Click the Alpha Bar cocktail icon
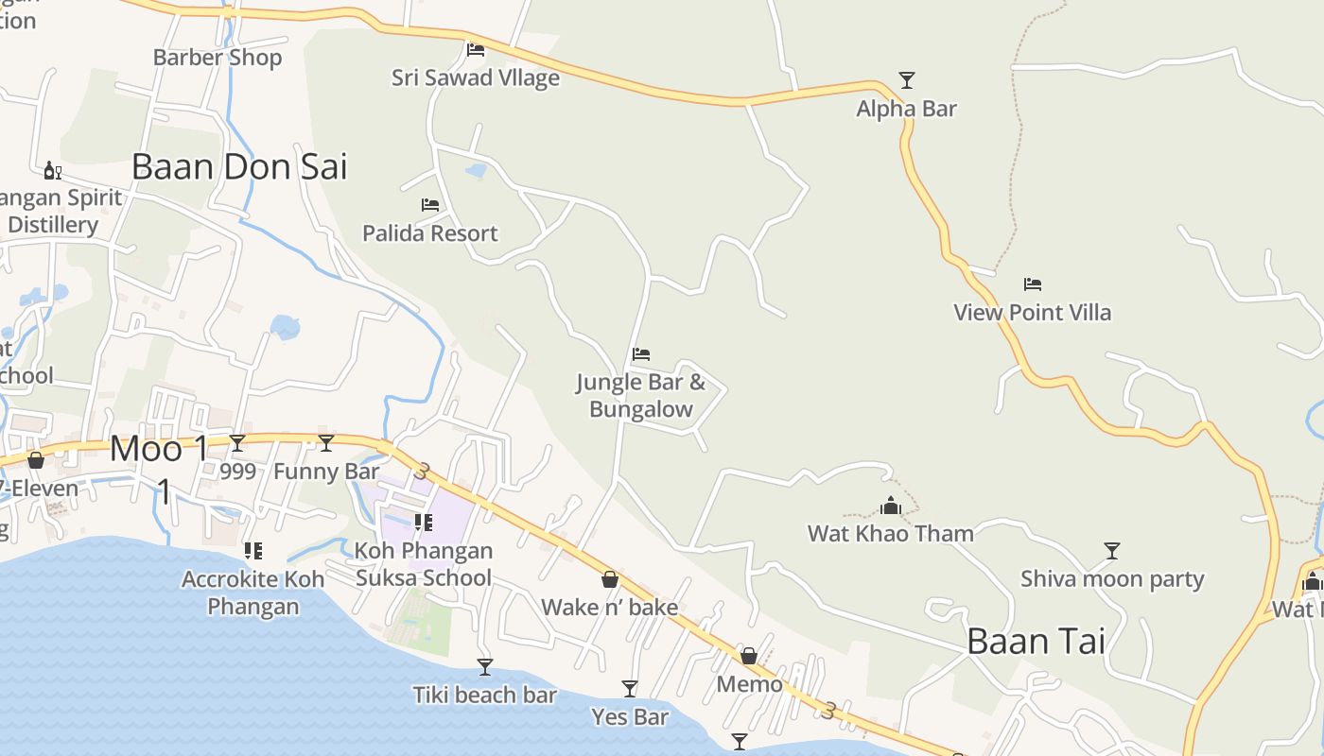(x=907, y=80)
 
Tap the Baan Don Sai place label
(x=239, y=166)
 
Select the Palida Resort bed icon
(x=430, y=205)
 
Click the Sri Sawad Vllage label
(x=476, y=77)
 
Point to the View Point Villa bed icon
(x=1033, y=283)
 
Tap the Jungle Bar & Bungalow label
(x=641, y=396)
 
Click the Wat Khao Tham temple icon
(x=891, y=506)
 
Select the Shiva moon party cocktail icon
(x=1112, y=550)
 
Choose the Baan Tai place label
(x=1036, y=642)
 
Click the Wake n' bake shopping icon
(x=610, y=579)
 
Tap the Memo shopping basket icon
(x=749, y=656)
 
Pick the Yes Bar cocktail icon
(x=630, y=689)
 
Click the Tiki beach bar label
(x=484, y=696)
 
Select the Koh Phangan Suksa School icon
(x=424, y=522)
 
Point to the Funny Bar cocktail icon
(x=326, y=442)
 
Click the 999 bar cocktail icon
(x=237, y=442)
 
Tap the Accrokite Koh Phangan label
(x=253, y=593)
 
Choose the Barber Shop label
(x=218, y=58)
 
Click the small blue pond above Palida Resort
(x=476, y=171)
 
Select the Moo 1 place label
(x=159, y=449)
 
